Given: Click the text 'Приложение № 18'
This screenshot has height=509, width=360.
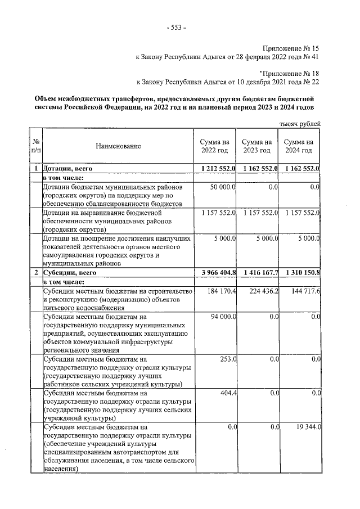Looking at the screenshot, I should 291,73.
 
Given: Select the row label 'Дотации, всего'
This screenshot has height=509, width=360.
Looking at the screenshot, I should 67,168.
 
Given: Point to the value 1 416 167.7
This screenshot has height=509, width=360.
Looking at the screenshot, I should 259,273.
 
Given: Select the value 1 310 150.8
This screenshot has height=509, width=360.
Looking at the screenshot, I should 301,273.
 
